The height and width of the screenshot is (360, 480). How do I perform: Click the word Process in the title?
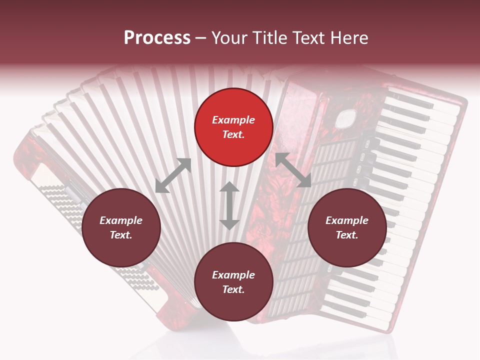[157, 38]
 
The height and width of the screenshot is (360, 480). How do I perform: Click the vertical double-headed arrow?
[229, 205]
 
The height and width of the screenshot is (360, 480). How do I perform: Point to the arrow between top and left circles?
[173, 175]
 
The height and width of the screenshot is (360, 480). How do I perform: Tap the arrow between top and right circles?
[293, 170]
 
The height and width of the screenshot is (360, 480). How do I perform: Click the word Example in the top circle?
[233, 120]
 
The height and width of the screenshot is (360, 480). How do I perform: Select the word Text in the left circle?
[121, 235]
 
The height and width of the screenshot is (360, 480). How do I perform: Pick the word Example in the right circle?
[347, 220]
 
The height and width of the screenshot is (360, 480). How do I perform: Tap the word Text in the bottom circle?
[233, 289]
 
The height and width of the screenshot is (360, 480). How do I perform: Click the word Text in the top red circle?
[233, 134]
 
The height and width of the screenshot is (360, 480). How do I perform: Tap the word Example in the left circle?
[121, 220]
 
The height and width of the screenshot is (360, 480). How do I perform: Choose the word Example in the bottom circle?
[233, 275]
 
